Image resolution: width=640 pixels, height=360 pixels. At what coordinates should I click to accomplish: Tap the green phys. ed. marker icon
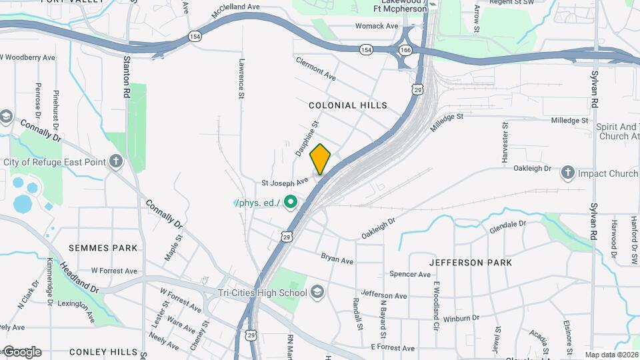coord(290,201)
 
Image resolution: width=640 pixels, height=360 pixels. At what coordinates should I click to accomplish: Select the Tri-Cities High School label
coord(263,293)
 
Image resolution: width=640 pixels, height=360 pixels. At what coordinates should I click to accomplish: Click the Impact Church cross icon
coord(568,173)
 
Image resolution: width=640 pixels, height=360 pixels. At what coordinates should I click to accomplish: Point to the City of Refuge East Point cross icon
coord(117,161)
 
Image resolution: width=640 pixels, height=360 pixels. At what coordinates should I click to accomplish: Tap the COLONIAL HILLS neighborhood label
coord(347,105)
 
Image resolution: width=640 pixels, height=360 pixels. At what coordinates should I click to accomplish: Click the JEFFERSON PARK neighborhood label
coord(471,263)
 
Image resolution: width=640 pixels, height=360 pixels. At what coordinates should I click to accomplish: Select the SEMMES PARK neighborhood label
coord(103,248)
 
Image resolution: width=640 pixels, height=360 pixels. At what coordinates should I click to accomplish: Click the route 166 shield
coord(405,50)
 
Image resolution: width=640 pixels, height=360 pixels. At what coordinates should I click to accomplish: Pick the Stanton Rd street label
coord(127,77)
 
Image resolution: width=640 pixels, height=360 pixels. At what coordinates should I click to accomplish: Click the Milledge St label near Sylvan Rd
coord(570,121)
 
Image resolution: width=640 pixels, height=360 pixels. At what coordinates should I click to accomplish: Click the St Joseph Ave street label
coord(285,181)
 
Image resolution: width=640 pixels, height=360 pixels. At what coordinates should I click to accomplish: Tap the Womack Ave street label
coord(376,26)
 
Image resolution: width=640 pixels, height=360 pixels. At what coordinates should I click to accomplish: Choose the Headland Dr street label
coord(79,277)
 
